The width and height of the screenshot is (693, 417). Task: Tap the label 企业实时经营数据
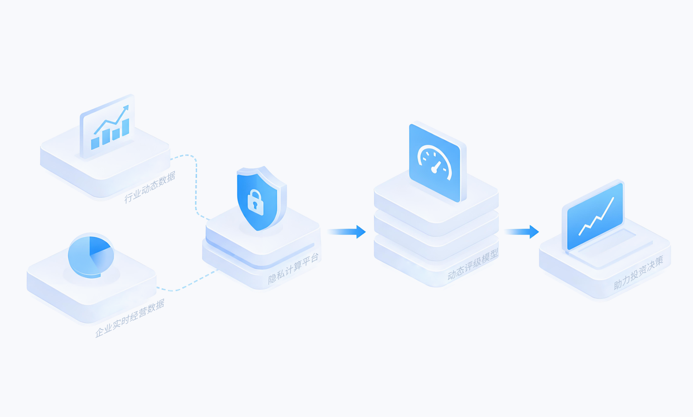[x=130, y=319]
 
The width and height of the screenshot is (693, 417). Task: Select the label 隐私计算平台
[x=293, y=268]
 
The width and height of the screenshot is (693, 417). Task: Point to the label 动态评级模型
[x=473, y=265]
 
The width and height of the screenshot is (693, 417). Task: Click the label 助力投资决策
[x=639, y=273]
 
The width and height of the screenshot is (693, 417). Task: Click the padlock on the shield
[x=255, y=203]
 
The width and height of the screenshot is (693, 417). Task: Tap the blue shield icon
[x=262, y=198]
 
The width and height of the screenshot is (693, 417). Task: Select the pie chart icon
[x=91, y=256]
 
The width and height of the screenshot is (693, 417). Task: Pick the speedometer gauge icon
[x=438, y=162]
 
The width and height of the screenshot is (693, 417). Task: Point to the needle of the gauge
[x=436, y=167]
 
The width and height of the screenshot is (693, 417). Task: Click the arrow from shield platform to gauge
[x=346, y=231]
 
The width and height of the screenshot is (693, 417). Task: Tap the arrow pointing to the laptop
[x=521, y=231]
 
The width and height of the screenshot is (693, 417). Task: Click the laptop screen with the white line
[x=595, y=216]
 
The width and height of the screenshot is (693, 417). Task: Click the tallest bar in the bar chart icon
[x=126, y=127]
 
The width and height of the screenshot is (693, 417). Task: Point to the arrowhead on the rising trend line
[x=126, y=108]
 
